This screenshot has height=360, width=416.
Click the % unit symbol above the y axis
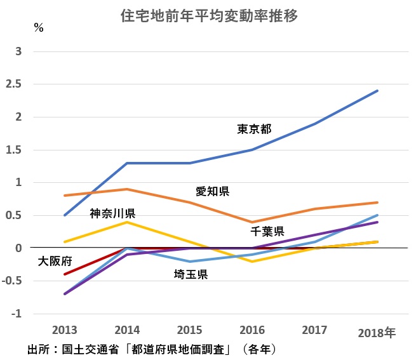click(x=39, y=28)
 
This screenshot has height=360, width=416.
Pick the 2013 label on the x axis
click(x=65, y=330)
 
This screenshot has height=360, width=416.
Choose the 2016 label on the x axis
click(x=253, y=330)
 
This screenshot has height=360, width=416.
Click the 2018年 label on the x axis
click(x=377, y=332)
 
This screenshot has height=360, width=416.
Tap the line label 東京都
click(x=254, y=130)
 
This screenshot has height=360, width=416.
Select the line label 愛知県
click(x=212, y=191)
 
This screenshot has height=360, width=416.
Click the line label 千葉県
click(x=266, y=230)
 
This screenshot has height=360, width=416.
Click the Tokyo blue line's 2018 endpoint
click(x=377, y=91)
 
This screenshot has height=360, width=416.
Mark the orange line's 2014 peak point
click(x=128, y=189)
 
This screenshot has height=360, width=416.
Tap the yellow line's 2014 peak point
click(x=128, y=222)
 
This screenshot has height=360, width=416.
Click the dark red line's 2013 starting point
click(x=65, y=274)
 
